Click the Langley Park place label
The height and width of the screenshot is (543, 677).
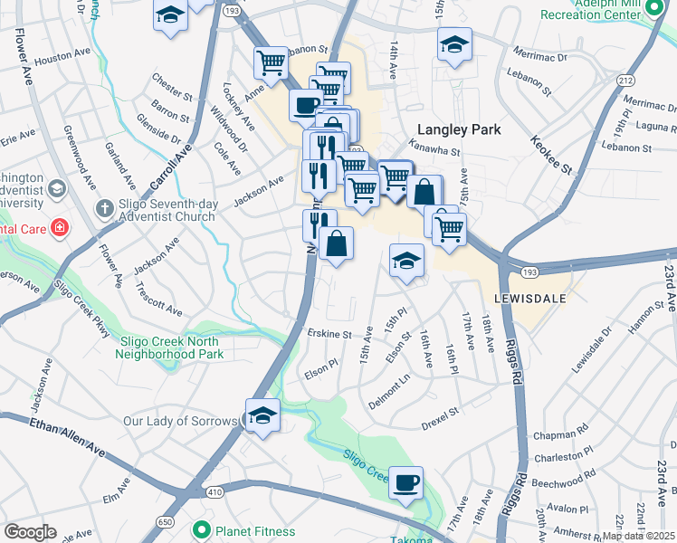[x=459, y=129]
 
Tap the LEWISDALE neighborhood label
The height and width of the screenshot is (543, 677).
[x=530, y=297]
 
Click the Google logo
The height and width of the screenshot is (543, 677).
[x=30, y=532]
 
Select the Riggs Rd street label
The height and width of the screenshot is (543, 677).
[x=520, y=380]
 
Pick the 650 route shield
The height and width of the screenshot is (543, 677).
[x=165, y=522]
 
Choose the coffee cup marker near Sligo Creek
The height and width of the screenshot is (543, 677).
[x=406, y=481]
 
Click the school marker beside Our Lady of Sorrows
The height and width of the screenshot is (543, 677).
[x=262, y=415]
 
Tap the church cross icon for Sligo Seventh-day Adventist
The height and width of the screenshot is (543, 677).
[x=106, y=207]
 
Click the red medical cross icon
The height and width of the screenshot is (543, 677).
[x=60, y=226]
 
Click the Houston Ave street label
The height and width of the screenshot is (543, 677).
[x=63, y=54]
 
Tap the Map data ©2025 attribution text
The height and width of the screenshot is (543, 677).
[x=638, y=536]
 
